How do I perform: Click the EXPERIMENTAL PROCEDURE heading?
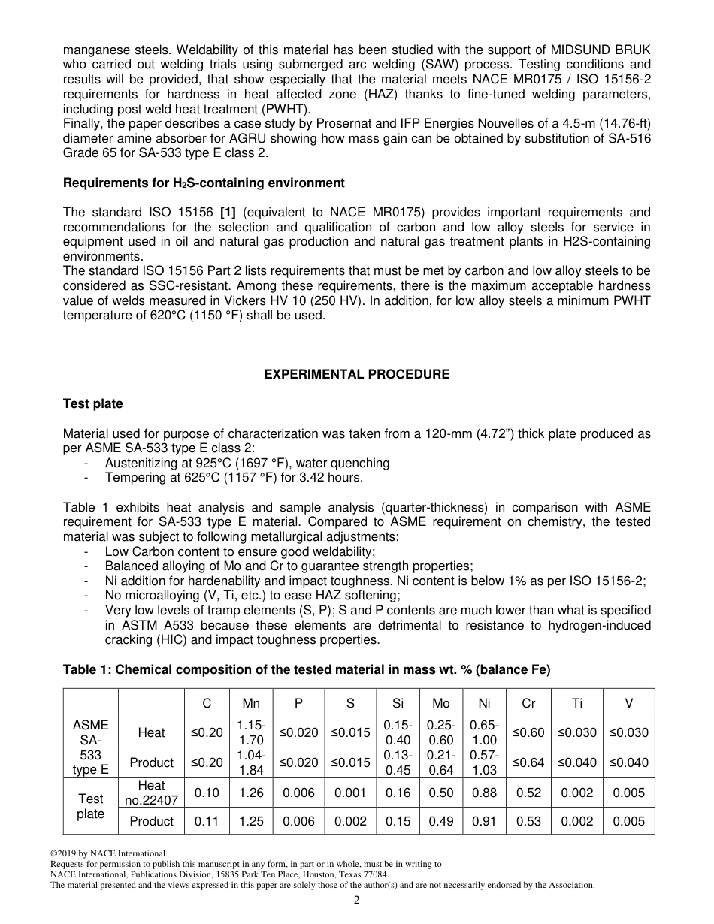click(x=356, y=374)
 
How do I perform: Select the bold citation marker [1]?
click(x=229, y=213)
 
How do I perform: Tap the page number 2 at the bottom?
click(x=357, y=901)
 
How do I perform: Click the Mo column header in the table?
click(x=440, y=703)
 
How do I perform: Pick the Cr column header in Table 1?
click(x=528, y=703)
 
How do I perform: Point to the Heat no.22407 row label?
click(x=151, y=793)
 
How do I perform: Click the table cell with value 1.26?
click(x=251, y=793)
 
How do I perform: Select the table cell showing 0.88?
click(x=484, y=793)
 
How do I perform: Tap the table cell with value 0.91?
click(x=484, y=821)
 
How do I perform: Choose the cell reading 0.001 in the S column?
click(x=350, y=793)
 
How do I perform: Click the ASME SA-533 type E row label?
click(x=90, y=747)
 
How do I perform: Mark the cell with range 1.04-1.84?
click(x=251, y=762)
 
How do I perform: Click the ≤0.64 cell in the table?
click(x=528, y=762)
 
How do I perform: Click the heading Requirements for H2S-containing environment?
click(x=204, y=183)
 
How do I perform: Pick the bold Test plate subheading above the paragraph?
click(x=92, y=404)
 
